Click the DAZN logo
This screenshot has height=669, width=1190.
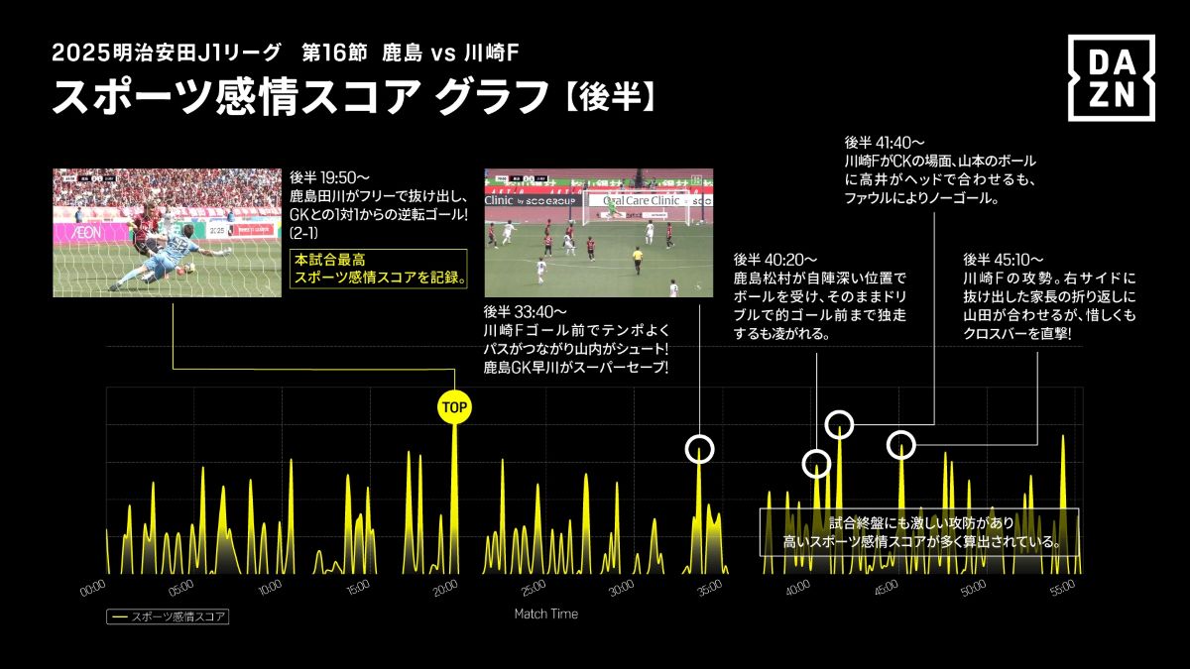click(x=1111, y=78)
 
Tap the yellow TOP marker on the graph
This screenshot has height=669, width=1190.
click(x=454, y=406)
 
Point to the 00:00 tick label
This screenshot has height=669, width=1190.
click(x=92, y=588)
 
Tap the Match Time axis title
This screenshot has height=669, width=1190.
click(x=545, y=614)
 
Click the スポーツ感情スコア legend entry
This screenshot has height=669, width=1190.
click(x=169, y=616)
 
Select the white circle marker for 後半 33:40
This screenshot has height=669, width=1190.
click(x=700, y=449)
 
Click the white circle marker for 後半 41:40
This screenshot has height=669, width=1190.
click(x=840, y=424)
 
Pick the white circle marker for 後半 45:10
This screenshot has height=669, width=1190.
click(x=900, y=445)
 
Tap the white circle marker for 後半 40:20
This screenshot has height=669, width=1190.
click(x=816, y=463)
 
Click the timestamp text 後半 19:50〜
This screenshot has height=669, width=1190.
click(x=326, y=178)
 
